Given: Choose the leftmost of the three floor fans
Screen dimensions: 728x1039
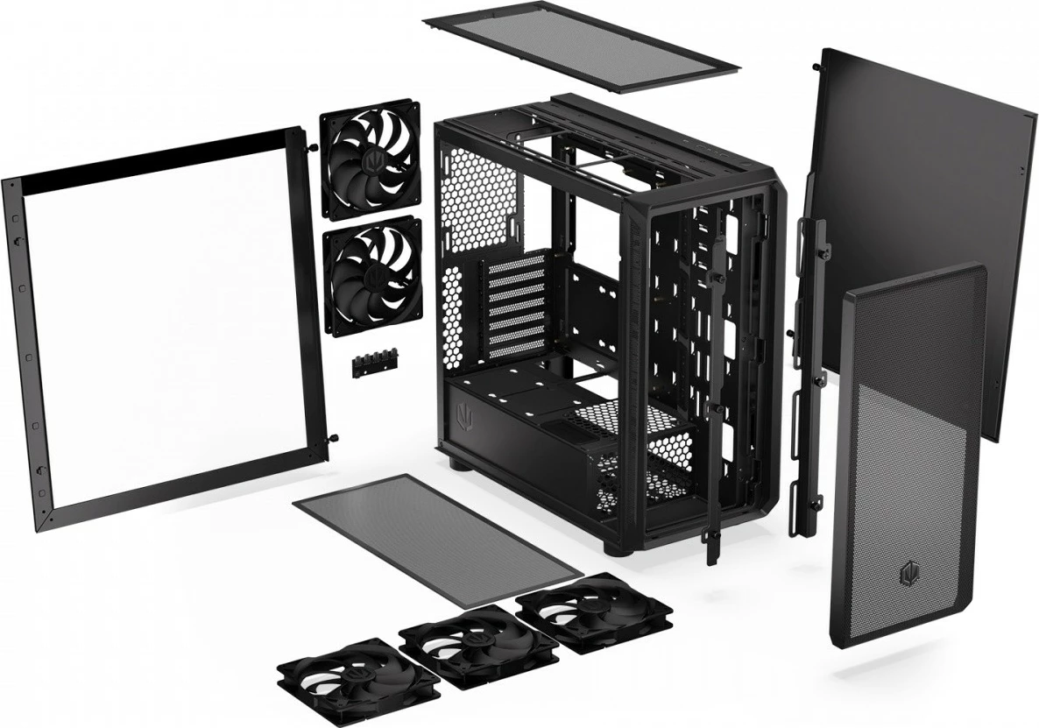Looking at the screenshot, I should (357, 676).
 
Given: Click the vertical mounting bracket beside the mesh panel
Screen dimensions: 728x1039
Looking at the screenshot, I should (808, 377).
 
